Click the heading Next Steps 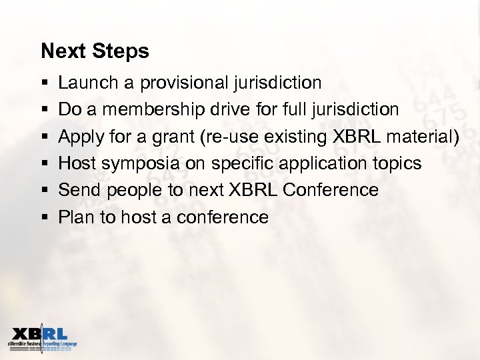coord(95,51)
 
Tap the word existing coord(287,137)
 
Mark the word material coord(419,137)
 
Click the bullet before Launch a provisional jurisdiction coord(44,83)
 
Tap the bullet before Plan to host coord(44,217)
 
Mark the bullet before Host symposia coord(44,163)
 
